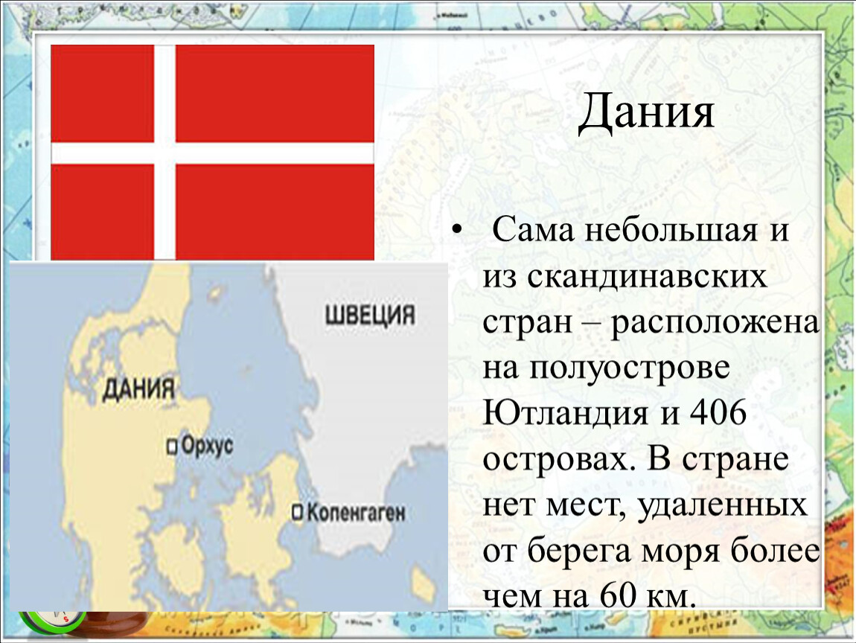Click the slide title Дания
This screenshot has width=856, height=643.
(x=646, y=112)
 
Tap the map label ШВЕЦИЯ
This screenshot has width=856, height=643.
(x=370, y=316)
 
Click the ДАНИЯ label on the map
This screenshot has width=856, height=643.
(x=138, y=389)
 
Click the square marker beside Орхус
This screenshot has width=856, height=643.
(x=173, y=447)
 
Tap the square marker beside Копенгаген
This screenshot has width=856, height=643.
(x=298, y=513)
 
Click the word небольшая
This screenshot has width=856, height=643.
(x=671, y=231)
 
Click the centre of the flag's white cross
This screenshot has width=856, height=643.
(x=165, y=153)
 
